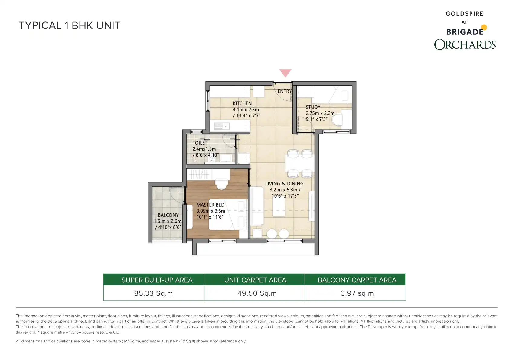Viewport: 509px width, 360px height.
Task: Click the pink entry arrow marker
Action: click(x=285, y=73)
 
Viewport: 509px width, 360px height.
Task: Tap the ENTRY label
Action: click(x=285, y=91)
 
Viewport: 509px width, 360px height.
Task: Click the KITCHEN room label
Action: click(x=242, y=103)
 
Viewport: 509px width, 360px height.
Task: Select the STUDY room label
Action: click(x=313, y=107)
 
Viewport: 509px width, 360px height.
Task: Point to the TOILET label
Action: click(x=200, y=143)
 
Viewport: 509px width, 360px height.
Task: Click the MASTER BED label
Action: click(x=210, y=205)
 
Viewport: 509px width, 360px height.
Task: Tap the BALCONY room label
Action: click(x=168, y=215)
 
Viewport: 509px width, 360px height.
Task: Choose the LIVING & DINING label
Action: click(x=284, y=184)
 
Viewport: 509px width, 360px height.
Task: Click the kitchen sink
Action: click(x=222, y=126)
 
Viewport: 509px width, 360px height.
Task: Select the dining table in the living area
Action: click(x=300, y=163)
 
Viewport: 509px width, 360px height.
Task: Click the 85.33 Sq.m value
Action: click(x=154, y=293)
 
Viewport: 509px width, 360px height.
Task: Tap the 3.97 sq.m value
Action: click(x=357, y=293)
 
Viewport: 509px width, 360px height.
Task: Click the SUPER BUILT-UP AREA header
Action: click(x=157, y=280)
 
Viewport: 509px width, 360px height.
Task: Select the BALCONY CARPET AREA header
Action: click(x=357, y=280)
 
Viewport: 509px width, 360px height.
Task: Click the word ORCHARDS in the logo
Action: click(x=465, y=44)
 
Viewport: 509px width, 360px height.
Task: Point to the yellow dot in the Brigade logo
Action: click(x=484, y=28)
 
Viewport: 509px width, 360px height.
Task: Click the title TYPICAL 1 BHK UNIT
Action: click(x=70, y=26)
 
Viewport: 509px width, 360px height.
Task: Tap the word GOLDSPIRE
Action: click(x=465, y=14)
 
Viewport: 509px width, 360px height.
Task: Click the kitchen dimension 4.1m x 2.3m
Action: click(x=246, y=110)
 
